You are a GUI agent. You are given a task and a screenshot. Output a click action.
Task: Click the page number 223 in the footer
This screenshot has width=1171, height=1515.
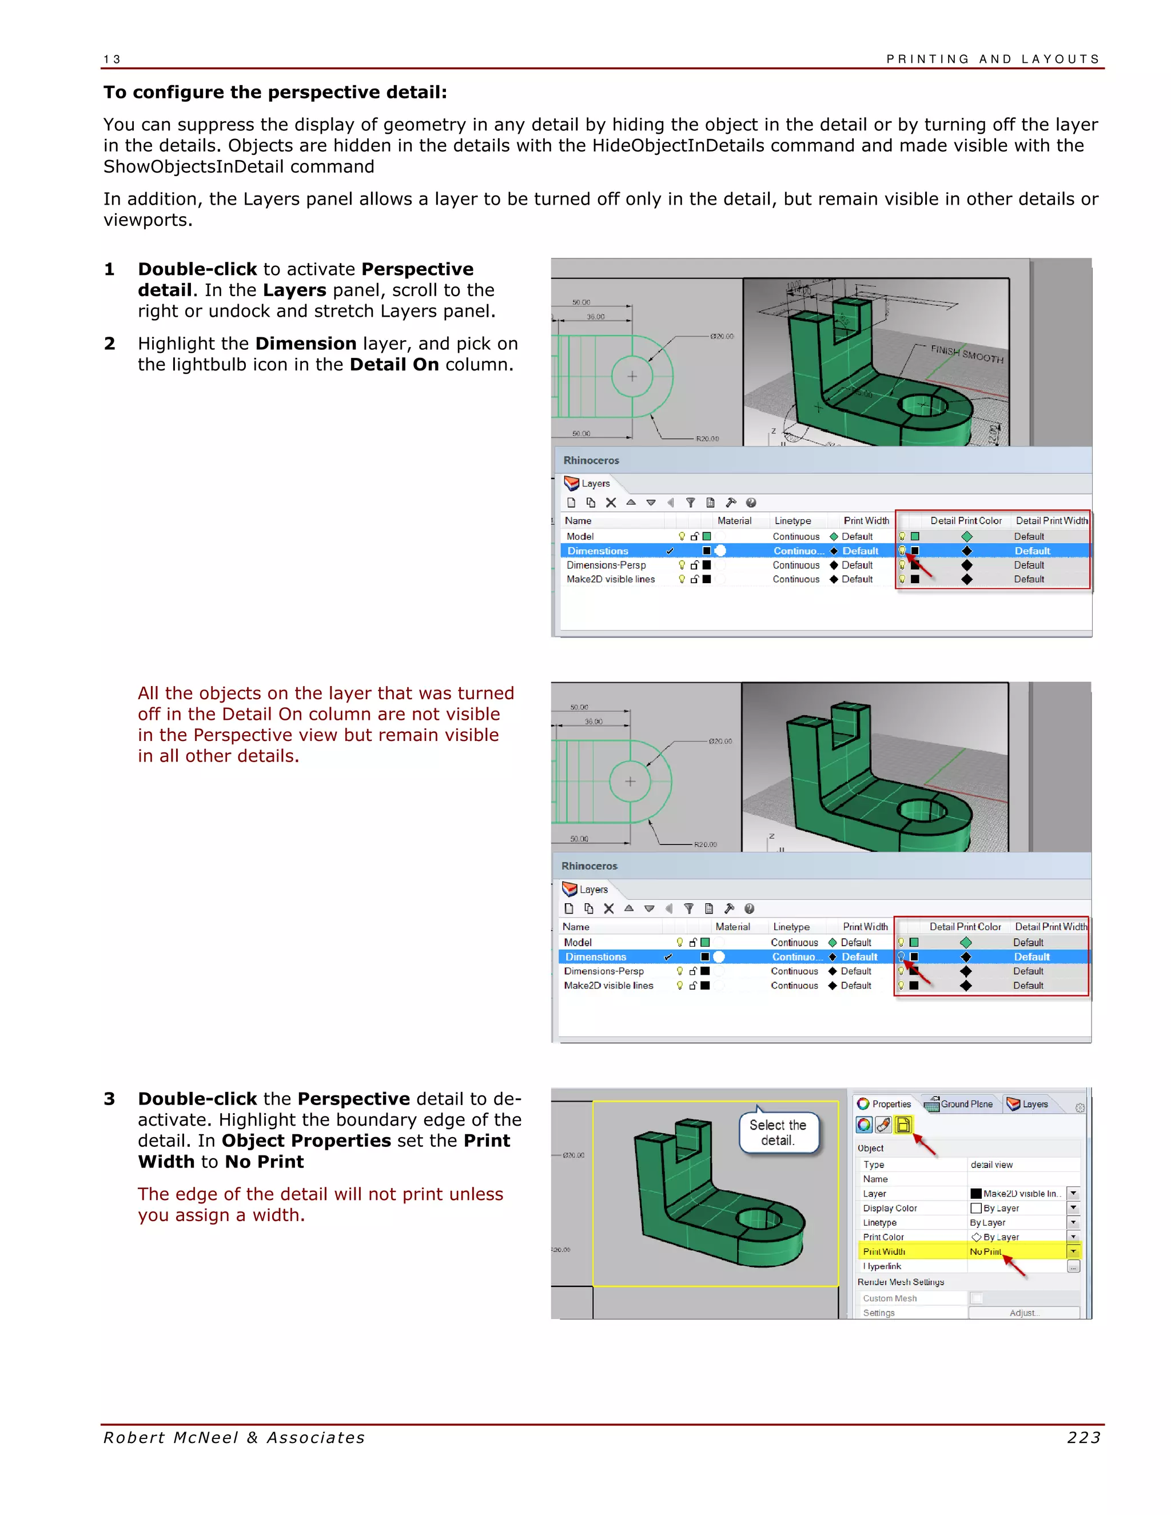(1083, 1438)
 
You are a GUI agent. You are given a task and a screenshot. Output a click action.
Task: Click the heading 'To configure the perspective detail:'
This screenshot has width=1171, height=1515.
(276, 92)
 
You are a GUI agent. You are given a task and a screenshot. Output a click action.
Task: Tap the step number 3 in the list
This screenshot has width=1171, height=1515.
(110, 1099)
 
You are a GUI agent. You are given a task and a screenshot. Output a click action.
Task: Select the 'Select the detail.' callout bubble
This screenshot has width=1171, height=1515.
(778, 1133)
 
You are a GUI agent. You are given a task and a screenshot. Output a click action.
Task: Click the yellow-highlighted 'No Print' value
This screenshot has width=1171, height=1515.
(985, 1251)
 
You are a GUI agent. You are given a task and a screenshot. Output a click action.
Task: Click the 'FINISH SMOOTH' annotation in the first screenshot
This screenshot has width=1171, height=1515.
(966, 354)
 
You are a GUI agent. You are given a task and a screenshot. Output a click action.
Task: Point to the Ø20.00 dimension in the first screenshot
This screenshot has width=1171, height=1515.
(722, 336)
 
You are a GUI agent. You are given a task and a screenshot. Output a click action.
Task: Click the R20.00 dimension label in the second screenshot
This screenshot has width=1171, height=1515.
(706, 845)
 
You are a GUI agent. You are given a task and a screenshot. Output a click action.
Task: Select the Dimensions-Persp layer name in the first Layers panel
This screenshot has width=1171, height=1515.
(606, 565)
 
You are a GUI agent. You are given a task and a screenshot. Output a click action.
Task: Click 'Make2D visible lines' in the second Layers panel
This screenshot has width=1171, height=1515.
(608, 986)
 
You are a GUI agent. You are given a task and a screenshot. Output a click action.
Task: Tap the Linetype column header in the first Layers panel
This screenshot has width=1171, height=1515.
(792, 521)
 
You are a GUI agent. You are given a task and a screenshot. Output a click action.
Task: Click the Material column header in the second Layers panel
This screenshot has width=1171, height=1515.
(732, 927)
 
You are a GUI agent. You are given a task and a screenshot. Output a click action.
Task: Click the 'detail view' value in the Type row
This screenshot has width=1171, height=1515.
(991, 1165)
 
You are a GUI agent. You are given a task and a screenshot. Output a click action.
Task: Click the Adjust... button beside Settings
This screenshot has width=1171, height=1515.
(1023, 1313)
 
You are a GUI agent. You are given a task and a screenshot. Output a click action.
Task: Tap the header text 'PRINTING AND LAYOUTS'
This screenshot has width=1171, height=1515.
(993, 59)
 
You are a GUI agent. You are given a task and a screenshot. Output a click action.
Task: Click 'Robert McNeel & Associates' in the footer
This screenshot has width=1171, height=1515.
(234, 1438)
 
